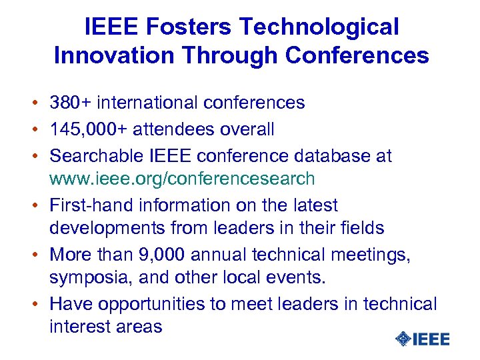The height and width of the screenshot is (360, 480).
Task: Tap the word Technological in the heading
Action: (319, 27)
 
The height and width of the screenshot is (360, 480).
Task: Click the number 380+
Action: (71, 103)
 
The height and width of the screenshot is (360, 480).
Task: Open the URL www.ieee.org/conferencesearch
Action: (182, 179)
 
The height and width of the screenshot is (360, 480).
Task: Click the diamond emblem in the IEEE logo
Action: (403, 339)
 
